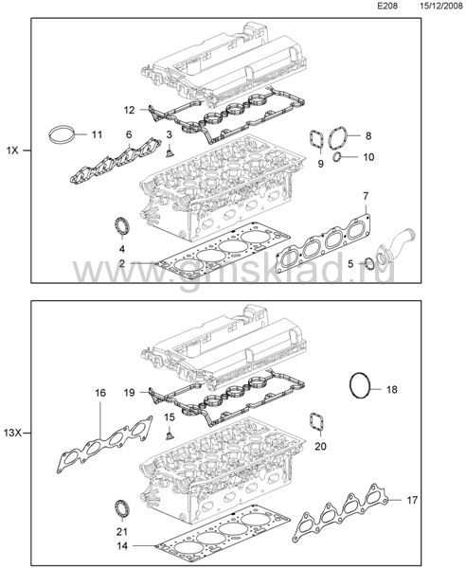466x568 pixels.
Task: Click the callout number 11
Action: pos(97,134)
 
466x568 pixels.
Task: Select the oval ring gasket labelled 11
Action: pos(51,134)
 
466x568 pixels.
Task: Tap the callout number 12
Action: pos(130,110)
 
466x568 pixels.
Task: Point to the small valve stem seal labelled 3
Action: pos(169,152)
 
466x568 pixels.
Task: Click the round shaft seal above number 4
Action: pos(122,226)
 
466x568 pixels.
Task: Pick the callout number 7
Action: pos(366,196)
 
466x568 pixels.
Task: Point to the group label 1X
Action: pos(12,151)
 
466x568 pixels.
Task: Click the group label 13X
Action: pos(14,433)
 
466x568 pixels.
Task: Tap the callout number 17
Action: pos(412,500)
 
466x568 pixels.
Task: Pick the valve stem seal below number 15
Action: pos(170,435)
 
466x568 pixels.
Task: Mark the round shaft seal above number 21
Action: pos(122,508)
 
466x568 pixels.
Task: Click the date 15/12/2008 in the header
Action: pos(441,7)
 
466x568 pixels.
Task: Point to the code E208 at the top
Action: pos(387,7)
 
